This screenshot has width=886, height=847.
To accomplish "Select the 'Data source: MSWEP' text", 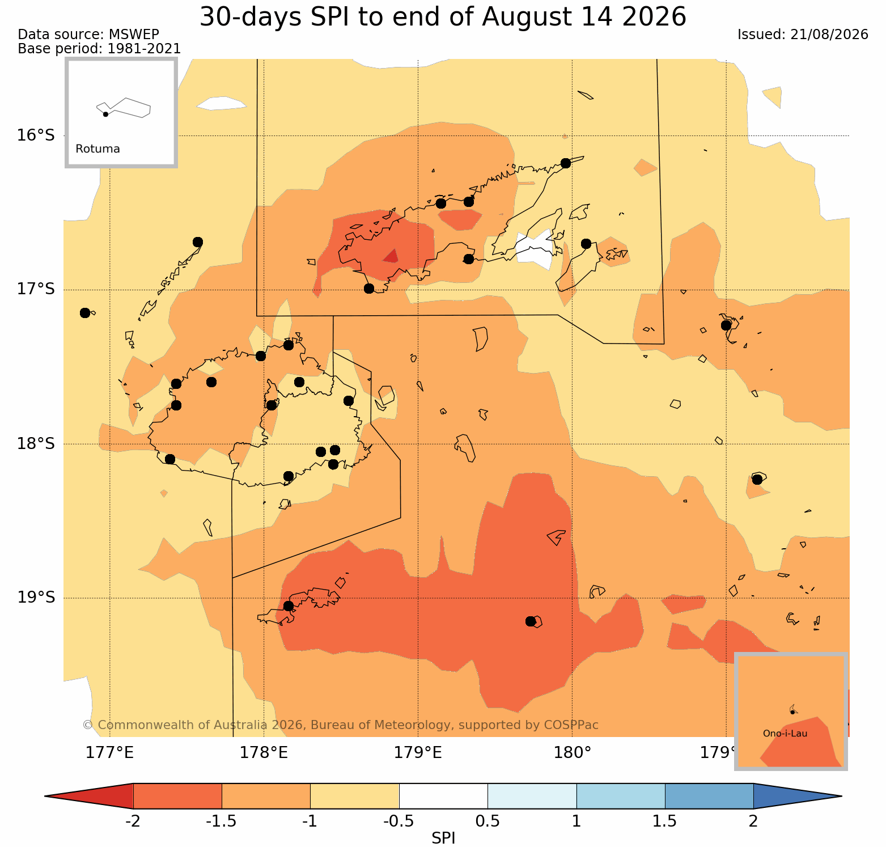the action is [x=88, y=35].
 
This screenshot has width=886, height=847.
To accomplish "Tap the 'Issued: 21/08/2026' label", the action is [x=803, y=35].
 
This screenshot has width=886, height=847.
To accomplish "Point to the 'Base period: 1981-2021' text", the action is [x=99, y=49].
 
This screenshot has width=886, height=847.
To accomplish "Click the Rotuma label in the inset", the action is [x=97, y=149].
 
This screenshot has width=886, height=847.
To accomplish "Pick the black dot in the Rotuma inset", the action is [x=105, y=114].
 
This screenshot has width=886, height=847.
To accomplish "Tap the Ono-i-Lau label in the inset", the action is [x=785, y=734].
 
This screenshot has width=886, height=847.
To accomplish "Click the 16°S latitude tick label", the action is [x=36, y=135].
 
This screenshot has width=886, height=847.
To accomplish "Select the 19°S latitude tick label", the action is [x=36, y=598].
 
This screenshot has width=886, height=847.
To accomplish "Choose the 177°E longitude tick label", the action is [x=109, y=753].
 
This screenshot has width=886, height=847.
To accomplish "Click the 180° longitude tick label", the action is [x=572, y=753].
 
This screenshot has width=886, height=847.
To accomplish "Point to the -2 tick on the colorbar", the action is [x=133, y=821].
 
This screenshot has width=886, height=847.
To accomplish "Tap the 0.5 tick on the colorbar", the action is [x=487, y=821].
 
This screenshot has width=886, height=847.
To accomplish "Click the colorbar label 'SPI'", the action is [x=443, y=838].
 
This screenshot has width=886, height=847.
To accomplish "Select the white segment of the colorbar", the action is [x=443, y=796].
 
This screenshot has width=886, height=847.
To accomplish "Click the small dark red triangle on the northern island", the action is [x=391, y=256].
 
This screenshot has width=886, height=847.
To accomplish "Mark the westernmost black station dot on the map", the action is [x=85, y=313].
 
